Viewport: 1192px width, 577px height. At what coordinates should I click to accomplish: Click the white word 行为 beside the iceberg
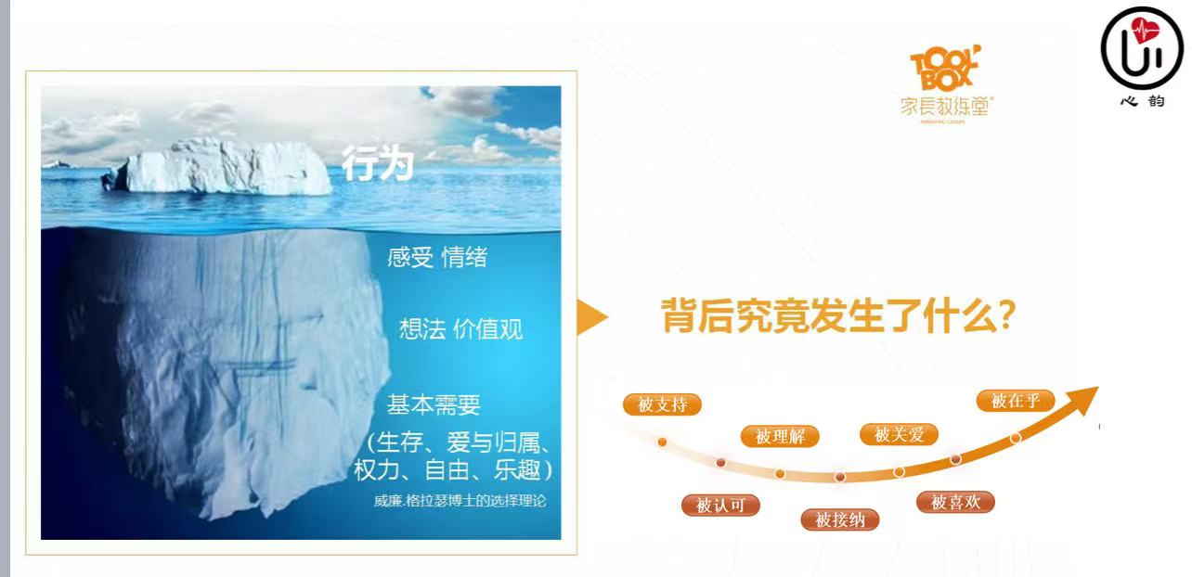(377, 163)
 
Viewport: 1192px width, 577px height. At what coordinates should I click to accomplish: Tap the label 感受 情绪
(437, 257)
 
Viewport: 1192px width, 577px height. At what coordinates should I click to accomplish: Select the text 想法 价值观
(460, 328)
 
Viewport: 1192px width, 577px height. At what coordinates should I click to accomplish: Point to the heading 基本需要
(434, 404)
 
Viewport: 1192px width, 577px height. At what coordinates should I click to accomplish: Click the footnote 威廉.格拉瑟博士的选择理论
(460, 501)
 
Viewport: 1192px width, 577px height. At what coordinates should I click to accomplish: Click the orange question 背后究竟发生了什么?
(838, 315)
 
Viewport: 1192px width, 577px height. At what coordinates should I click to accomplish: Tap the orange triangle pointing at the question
(592, 317)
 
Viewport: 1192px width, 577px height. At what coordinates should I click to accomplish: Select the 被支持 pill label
(662, 404)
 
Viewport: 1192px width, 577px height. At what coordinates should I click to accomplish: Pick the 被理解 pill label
(780, 437)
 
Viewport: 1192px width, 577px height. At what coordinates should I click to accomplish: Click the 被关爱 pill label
(899, 434)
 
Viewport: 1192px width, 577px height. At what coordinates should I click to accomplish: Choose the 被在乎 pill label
(1016, 401)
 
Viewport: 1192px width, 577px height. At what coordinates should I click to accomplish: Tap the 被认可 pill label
(720, 506)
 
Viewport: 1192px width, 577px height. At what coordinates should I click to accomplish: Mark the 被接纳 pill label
(840, 519)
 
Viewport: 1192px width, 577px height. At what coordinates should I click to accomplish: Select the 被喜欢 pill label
(955, 502)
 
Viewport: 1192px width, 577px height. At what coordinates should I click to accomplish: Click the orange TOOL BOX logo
(945, 68)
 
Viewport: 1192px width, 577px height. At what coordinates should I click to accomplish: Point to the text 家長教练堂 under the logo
(946, 107)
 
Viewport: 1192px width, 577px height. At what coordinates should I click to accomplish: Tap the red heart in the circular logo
(1144, 32)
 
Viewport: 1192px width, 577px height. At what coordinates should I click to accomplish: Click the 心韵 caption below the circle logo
(1143, 101)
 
